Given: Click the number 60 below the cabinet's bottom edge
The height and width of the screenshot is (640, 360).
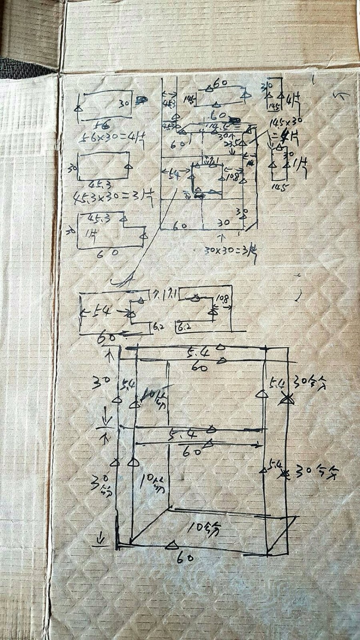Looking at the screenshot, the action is click(186, 557).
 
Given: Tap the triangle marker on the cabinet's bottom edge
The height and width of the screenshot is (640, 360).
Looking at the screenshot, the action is click(172, 545).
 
